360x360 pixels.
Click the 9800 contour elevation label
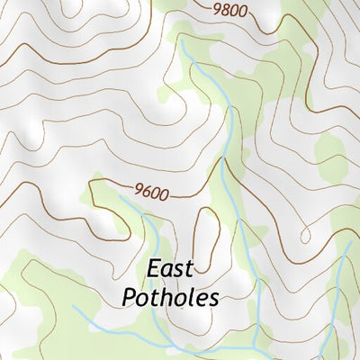[230, 12]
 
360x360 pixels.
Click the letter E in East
[153, 269]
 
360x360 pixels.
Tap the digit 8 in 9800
[226, 11]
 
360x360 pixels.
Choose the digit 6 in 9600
[146, 191]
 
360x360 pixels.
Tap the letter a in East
[166, 270]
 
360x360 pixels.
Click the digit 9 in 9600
[138, 190]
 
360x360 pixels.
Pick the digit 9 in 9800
[218, 10]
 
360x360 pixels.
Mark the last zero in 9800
[243, 13]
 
